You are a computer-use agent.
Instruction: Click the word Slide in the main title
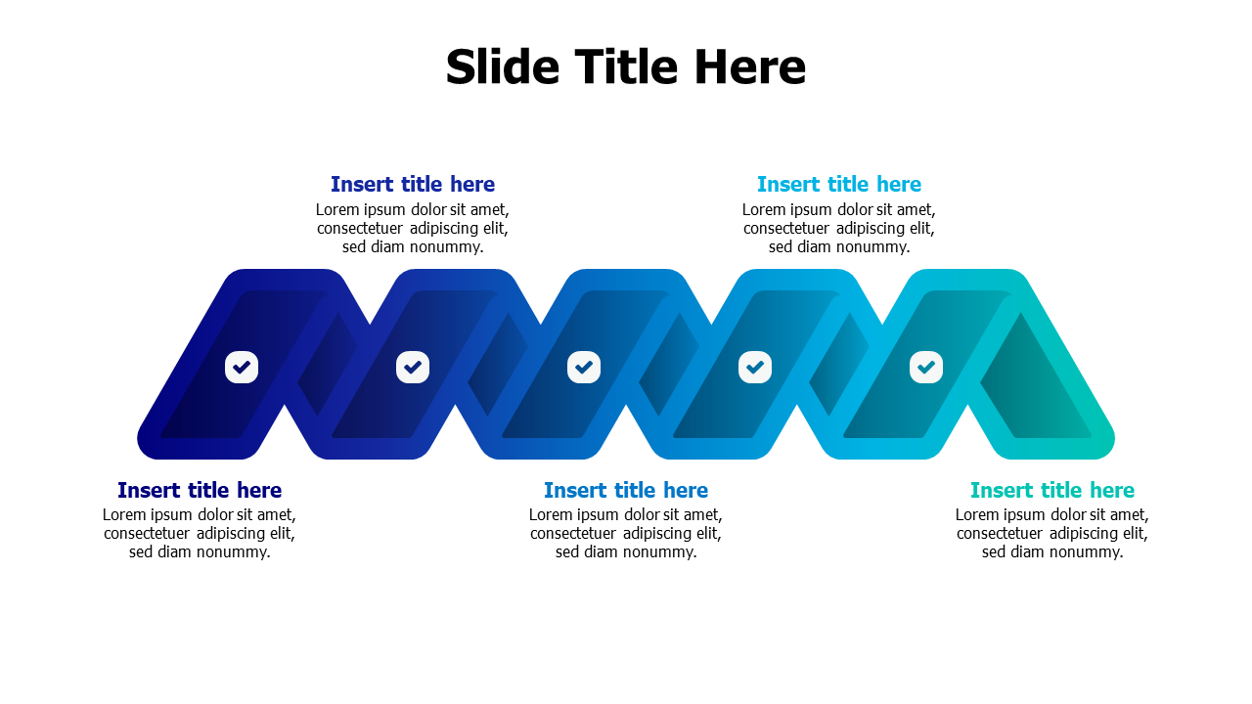[502, 67]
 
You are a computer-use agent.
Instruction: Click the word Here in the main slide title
[749, 67]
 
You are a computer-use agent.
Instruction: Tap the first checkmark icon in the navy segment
[242, 367]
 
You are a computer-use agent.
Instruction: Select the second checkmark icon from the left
[413, 367]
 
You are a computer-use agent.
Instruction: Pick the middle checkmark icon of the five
[584, 367]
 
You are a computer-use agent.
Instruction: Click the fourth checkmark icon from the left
[754, 367]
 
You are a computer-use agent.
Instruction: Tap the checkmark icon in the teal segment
[925, 367]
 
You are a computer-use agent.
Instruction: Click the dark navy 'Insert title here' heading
[200, 490]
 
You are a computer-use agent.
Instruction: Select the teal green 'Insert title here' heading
[1051, 490]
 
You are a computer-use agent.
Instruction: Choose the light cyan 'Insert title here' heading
[839, 184]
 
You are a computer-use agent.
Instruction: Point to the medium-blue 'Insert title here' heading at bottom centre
[626, 490]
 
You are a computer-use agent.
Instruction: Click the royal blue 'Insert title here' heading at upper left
[413, 184]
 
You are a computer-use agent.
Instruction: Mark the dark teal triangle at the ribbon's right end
[1034, 385]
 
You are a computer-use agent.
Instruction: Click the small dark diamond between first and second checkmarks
[327, 365]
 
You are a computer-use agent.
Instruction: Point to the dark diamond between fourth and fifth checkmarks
[839, 365]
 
